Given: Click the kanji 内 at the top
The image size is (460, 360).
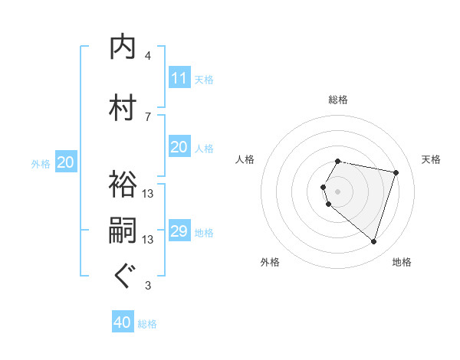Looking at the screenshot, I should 123,47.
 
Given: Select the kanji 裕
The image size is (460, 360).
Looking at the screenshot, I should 123,184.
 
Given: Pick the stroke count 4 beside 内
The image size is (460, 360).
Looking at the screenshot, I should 148,56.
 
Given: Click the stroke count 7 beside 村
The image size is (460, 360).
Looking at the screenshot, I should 148,116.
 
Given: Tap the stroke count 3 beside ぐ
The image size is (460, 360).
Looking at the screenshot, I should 148,286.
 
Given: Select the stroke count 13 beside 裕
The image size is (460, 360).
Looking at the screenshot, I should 148,194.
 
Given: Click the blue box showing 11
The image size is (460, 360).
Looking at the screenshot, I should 179,78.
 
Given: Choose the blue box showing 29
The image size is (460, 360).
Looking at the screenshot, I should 179,231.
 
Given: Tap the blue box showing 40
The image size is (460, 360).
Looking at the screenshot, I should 123,322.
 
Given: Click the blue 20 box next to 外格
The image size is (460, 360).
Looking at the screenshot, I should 65,162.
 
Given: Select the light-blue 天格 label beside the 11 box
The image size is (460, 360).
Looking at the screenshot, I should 204,79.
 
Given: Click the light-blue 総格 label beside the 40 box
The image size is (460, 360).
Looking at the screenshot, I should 147,324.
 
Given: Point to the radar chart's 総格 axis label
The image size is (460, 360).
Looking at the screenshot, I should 338,100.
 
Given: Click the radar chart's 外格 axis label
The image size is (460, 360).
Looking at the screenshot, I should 270,262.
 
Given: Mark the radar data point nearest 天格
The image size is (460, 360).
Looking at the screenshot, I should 396,173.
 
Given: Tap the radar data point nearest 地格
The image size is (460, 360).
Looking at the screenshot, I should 373,242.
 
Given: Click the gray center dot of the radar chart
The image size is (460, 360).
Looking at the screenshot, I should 338,191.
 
